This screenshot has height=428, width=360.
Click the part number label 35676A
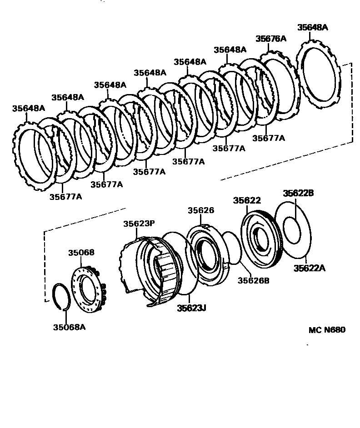click(x=271, y=39)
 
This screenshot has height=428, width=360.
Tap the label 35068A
click(x=69, y=326)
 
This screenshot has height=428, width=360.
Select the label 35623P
click(x=139, y=224)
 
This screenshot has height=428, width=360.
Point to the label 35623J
click(x=191, y=309)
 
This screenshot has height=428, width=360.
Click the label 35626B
click(x=253, y=280)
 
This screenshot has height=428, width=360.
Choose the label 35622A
click(x=309, y=268)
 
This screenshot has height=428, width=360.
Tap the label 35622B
click(x=298, y=193)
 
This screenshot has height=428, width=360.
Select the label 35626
click(x=201, y=210)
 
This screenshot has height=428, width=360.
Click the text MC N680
click(x=327, y=330)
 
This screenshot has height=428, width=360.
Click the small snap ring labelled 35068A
click(x=62, y=297)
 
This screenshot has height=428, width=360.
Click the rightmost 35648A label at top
click(x=313, y=27)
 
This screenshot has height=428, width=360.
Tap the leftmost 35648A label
click(x=29, y=108)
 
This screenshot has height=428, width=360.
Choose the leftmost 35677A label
click(x=65, y=197)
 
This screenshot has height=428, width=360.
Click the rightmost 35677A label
click(x=269, y=138)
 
